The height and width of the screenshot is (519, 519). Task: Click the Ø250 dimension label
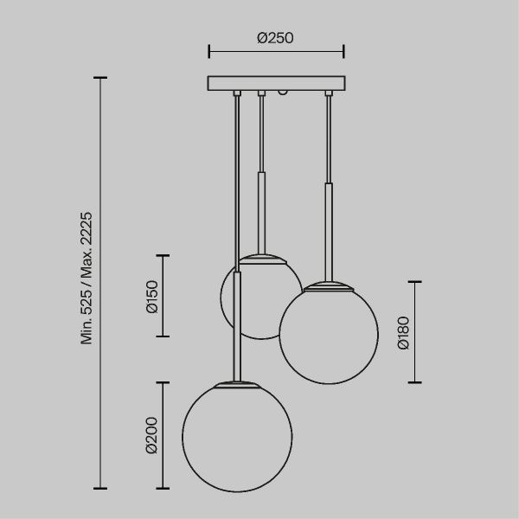275,38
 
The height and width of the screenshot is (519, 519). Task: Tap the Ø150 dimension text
152,297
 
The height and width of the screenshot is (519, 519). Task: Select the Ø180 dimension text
403,333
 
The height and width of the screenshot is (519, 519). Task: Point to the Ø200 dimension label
152,435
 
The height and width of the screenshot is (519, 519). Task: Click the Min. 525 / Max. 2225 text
86,278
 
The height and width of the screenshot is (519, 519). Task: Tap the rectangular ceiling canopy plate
277,83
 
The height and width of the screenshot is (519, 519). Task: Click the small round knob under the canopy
282,93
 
